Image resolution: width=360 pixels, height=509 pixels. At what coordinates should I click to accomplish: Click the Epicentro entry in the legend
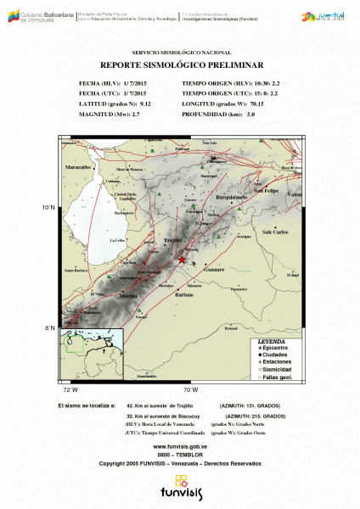[276, 347]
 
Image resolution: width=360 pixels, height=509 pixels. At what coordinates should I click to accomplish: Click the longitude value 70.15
[255, 103]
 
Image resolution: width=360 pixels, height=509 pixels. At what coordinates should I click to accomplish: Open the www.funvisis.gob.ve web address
[180, 446]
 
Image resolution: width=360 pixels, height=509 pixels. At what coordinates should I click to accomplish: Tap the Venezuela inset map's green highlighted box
[77, 344]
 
